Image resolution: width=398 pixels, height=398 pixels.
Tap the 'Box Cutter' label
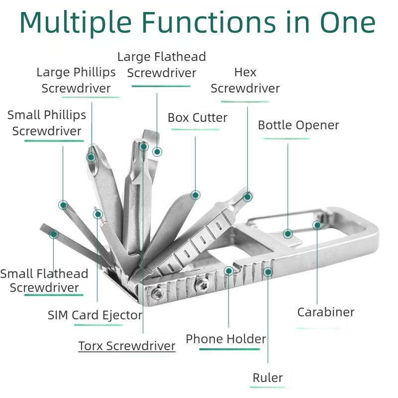coord(197,118)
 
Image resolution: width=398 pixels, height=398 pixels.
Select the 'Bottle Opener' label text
coord(298,125)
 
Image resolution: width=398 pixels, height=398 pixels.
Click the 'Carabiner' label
coord(325,312)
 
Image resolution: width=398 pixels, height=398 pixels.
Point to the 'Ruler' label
coord(268,378)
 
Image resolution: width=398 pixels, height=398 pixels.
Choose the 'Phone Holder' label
coord(226,339)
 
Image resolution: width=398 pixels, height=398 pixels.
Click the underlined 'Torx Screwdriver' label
coord(127,346)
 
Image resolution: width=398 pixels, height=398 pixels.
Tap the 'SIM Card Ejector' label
coord(95,315)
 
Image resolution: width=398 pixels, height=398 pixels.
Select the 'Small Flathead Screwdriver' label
coord(44,281)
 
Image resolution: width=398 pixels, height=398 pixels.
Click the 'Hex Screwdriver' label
coord(245,81)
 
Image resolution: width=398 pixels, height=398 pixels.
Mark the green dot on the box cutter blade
coord(196,195)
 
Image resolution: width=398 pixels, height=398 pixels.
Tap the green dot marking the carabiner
coord(317,225)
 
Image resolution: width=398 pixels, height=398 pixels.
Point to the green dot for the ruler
coord(268,272)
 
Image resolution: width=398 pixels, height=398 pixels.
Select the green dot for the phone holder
coord(229,271)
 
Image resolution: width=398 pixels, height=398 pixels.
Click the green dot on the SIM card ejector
coord(98,214)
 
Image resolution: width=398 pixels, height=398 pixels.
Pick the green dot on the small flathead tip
coord(54,233)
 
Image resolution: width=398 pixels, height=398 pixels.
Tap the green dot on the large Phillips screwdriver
coord(91,157)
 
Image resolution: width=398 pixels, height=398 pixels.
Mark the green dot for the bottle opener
coord(288,233)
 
